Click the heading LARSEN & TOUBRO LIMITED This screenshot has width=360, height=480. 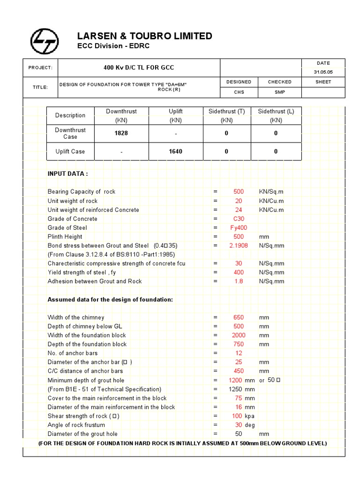[x=144, y=36]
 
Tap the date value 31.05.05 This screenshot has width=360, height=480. [x=323, y=72]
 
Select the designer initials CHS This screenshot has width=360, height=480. [x=239, y=92]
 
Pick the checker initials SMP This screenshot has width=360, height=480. [x=280, y=92]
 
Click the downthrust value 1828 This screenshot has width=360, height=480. [x=121, y=133]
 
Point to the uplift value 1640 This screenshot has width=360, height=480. [x=176, y=151]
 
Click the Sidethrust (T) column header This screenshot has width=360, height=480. [x=227, y=111]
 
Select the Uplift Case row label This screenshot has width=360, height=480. [x=70, y=151]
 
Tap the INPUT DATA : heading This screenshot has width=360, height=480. [x=67, y=173]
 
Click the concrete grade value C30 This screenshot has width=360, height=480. [x=239, y=219]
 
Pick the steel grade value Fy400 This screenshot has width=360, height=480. [x=239, y=228]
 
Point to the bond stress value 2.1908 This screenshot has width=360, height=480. [x=239, y=246]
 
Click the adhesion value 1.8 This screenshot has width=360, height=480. [x=239, y=281]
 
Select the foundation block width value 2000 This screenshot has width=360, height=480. [x=239, y=335]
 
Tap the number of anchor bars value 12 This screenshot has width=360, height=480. [x=239, y=353]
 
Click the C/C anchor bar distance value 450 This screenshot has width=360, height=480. [x=239, y=371]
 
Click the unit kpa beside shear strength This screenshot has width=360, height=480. [x=250, y=416]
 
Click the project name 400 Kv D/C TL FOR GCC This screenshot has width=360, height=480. [x=138, y=67]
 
